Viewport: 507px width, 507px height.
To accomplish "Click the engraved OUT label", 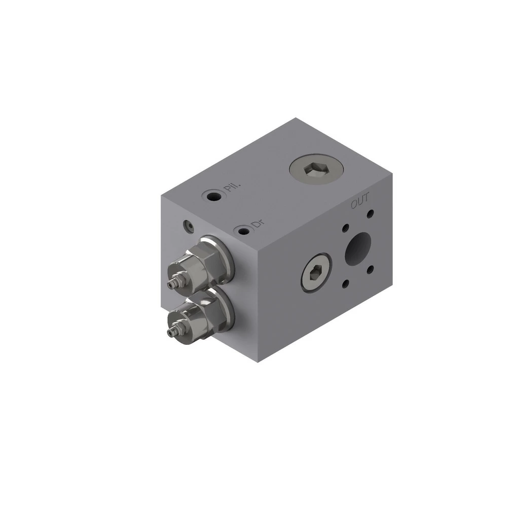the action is click(x=359, y=201).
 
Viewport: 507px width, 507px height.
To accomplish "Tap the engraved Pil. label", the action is click(x=233, y=187).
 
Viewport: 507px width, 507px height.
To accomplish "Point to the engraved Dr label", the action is click(x=258, y=224).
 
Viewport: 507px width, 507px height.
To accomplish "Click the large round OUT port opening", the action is click(x=357, y=248).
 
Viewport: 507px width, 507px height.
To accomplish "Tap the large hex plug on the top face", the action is click(x=316, y=169).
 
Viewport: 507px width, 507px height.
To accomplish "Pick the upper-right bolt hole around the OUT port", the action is click(x=370, y=214).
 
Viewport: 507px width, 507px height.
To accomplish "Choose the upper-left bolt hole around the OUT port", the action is click(x=346, y=228).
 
